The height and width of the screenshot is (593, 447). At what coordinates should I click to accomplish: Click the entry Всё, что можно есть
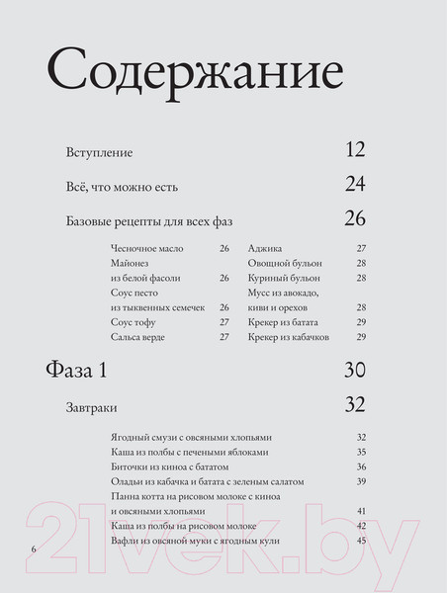tap(122, 185)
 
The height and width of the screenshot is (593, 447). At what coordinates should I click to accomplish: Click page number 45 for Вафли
tap(362, 542)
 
